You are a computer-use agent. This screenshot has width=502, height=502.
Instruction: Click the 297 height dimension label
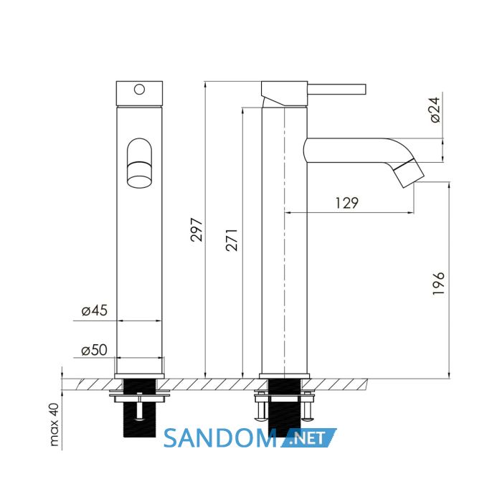[x=196, y=229]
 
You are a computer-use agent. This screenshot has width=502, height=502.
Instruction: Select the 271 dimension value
[x=232, y=240]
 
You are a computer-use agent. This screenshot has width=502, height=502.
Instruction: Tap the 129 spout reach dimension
[x=347, y=203]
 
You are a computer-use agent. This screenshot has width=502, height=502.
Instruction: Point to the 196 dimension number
[x=439, y=283]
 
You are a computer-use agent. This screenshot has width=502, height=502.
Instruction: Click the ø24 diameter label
[x=435, y=110]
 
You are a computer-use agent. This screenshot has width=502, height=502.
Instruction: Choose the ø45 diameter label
[x=95, y=311]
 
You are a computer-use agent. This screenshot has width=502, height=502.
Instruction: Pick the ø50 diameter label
[x=95, y=350]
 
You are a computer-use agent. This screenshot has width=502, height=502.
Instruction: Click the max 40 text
[x=55, y=425]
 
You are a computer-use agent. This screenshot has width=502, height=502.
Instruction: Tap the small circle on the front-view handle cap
[x=139, y=90]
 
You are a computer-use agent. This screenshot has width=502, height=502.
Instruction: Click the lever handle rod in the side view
[x=337, y=90]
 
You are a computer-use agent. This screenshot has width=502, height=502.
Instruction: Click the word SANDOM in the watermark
[x=220, y=438]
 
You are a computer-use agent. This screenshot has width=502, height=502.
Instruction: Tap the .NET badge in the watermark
[x=309, y=437]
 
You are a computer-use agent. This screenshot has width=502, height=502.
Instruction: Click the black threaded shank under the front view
[x=140, y=408]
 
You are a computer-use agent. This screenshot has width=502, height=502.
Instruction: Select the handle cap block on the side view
[x=284, y=93]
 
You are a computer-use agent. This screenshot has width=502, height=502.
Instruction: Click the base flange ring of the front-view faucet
[x=139, y=376]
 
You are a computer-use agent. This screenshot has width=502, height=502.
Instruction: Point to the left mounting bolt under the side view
[x=261, y=407]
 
